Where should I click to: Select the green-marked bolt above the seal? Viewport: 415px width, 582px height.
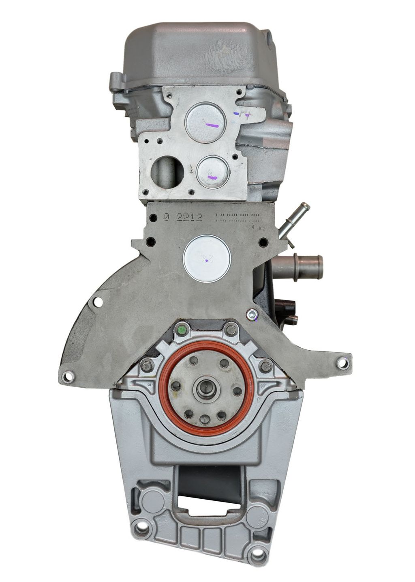182,330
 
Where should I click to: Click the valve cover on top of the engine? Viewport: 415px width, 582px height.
199,49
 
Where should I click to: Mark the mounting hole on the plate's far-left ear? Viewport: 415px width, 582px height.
68,377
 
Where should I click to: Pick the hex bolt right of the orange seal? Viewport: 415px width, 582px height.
265,366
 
